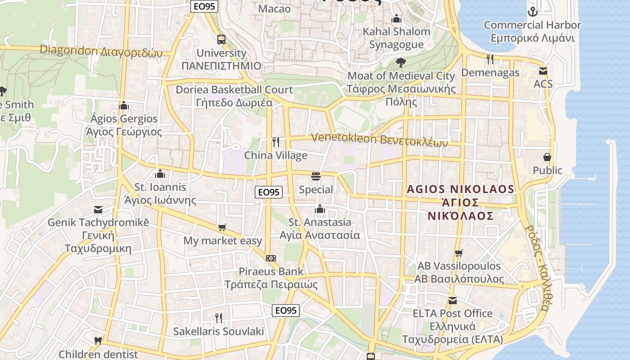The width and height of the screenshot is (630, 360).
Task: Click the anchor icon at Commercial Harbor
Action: point(533,12)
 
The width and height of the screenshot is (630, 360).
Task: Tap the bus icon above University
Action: point(221,40)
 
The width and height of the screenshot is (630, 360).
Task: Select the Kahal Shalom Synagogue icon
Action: point(396,19)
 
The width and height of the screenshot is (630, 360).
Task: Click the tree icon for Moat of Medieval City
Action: point(400,63)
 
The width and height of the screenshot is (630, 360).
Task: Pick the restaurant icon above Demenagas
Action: point(490,59)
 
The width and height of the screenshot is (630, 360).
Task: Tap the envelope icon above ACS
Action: point(543,71)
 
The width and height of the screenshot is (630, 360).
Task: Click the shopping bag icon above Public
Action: point(547,157)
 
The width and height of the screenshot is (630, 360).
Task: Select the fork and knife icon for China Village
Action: point(276,142)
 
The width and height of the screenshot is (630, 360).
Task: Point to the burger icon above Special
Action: point(316,176)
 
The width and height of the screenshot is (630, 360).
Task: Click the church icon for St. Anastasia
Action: point(320,209)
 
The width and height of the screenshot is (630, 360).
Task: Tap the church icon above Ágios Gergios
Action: point(124,106)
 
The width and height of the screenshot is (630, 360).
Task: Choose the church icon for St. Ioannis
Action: point(160,174)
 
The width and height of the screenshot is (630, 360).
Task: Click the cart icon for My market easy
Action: point(222,228)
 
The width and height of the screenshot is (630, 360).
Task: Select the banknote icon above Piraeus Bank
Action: point(271,258)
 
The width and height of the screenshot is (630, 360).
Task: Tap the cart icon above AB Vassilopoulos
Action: point(459,253)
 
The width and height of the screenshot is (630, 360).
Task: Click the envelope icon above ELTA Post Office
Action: point(452,300)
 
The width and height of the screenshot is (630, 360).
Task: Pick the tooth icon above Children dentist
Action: point(98,341)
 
